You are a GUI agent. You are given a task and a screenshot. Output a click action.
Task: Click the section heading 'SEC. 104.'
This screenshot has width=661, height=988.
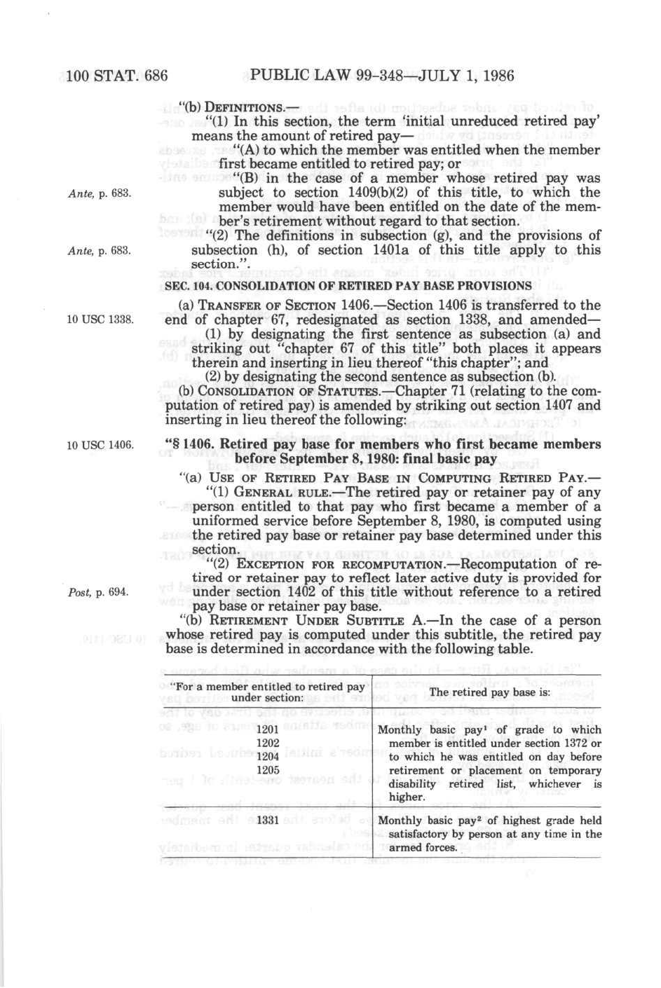pyautogui.click(x=188, y=287)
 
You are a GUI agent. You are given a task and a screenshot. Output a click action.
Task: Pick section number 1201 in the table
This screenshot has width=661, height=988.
pyautogui.click(x=268, y=729)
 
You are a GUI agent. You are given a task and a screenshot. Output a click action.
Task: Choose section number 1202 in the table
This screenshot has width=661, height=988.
pyautogui.click(x=268, y=743)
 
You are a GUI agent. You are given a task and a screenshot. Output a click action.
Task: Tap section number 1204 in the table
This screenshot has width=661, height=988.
pyautogui.click(x=268, y=757)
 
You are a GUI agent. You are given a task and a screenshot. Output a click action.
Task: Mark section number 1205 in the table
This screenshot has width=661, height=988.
pyautogui.click(x=268, y=769)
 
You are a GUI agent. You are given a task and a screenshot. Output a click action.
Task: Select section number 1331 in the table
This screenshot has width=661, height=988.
pyautogui.click(x=268, y=820)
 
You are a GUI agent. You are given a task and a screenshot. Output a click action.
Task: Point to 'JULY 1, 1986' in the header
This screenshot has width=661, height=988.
pyautogui.click(x=466, y=76)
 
